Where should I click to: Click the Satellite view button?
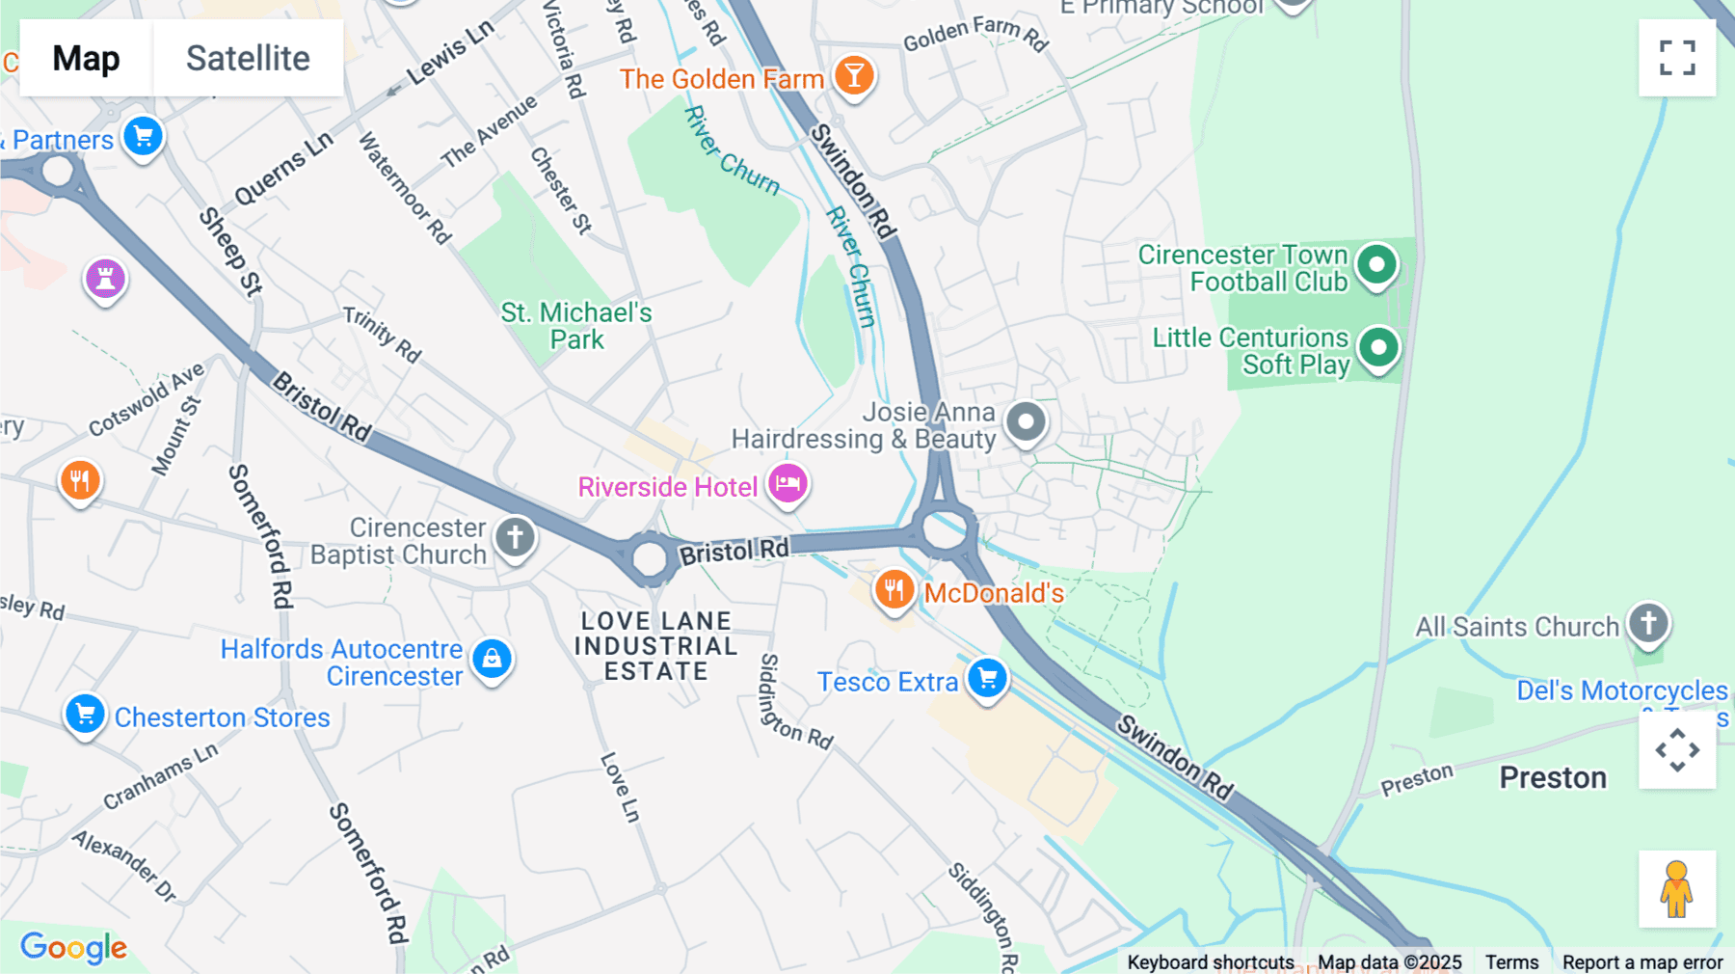click(x=248, y=58)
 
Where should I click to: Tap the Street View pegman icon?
click(x=1676, y=889)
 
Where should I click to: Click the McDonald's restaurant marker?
click(x=894, y=588)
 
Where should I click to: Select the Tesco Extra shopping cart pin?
click(x=987, y=678)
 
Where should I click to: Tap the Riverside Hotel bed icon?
click(x=787, y=483)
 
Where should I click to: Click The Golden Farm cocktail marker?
click(x=853, y=75)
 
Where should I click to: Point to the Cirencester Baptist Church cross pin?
click(x=515, y=536)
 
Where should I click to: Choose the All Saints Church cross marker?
click(x=1648, y=623)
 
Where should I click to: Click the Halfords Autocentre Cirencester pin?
click(x=492, y=659)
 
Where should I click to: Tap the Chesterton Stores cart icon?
click(x=85, y=715)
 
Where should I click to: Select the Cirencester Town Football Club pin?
click(x=1376, y=264)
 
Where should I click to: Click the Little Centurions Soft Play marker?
click(x=1378, y=347)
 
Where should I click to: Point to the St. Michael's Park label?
click(x=576, y=326)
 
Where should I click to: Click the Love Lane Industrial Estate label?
click(x=655, y=646)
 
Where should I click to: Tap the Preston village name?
click(x=1553, y=777)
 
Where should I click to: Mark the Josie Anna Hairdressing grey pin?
click(x=1026, y=421)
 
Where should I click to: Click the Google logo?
click(x=74, y=947)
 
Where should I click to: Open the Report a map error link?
click(x=1642, y=962)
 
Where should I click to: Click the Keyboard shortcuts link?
click(x=1211, y=962)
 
